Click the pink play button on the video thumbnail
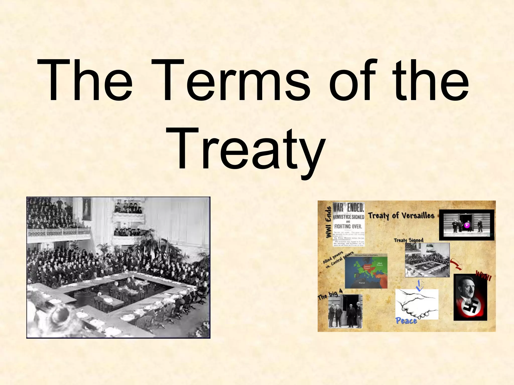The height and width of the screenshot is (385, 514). click(467, 225)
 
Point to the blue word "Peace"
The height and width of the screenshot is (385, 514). click(406, 321)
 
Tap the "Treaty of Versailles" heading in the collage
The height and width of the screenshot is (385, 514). click(401, 216)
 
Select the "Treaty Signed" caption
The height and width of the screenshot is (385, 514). click(409, 240)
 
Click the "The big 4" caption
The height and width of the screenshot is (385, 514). click(330, 294)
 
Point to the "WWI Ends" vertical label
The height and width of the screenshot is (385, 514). click(328, 223)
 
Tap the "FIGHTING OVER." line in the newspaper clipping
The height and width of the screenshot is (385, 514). click(348, 226)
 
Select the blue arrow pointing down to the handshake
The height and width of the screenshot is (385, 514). click(419, 285)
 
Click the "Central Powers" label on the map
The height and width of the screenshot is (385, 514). click(367, 267)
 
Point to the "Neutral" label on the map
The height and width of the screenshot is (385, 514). click(362, 283)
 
